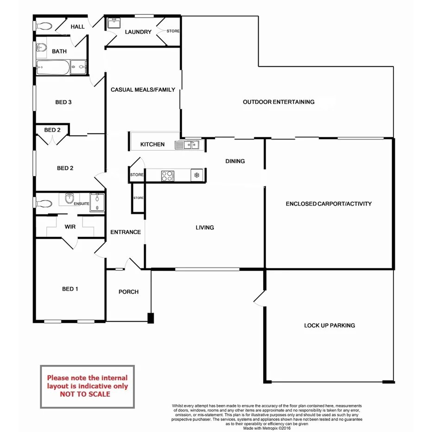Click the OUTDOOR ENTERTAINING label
tap(279, 102)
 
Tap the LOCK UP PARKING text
tap(329, 325)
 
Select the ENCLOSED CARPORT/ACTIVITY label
tap(329, 203)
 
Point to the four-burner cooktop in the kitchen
tap(167, 176)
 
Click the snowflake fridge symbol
tap(197, 175)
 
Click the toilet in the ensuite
tap(44, 203)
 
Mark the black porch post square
tap(150, 318)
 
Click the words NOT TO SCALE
tap(85, 394)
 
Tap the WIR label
tap(70, 227)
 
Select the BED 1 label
tap(70, 289)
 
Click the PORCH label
tap(128, 292)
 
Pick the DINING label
tap(235, 161)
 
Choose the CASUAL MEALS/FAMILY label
tap(143, 89)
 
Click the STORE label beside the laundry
tap(173, 31)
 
